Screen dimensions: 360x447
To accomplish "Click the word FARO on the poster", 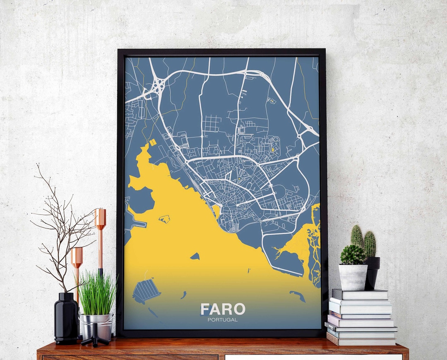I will point(223,309).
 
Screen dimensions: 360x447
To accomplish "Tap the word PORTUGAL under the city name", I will point(223,320).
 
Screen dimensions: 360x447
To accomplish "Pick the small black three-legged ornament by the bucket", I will point(95,336).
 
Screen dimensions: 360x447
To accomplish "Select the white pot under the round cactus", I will point(353,277).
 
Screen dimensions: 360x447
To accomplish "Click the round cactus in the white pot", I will point(353,255).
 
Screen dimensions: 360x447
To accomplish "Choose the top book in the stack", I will point(360,294).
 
